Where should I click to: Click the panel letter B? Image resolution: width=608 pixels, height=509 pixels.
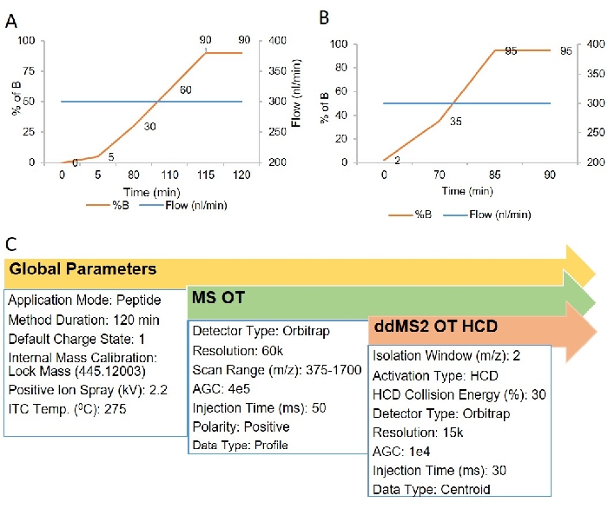point(323,17)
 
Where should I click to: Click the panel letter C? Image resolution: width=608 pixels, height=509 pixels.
point(11,244)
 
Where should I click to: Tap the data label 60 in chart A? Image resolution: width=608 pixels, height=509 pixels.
point(186,89)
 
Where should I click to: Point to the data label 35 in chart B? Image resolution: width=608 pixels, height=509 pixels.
point(455,121)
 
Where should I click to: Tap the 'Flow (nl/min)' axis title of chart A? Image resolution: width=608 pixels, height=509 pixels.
point(296,102)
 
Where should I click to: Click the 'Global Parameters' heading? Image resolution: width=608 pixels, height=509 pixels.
point(83,269)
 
